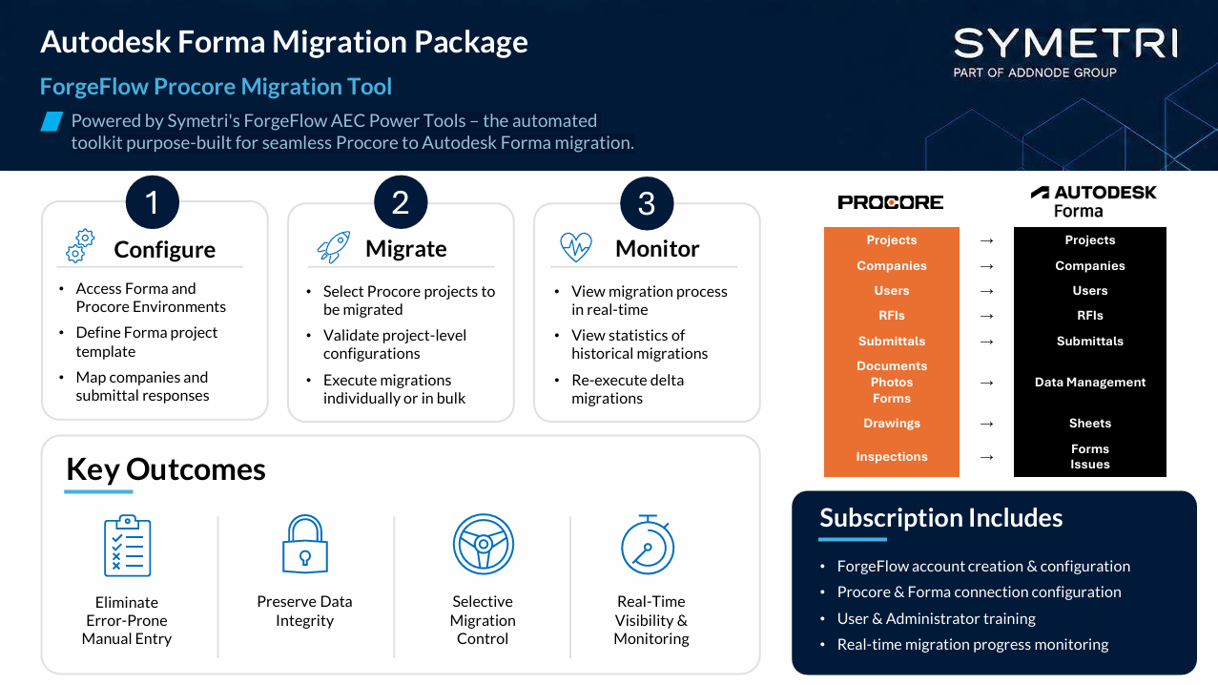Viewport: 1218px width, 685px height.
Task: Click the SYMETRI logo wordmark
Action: pyautogui.click(x=1065, y=44)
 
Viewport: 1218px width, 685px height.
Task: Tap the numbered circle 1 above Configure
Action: pyautogui.click(x=153, y=202)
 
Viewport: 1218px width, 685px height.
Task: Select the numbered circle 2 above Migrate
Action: pyautogui.click(x=401, y=202)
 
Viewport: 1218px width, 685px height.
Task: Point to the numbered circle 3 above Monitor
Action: pyautogui.click(x=647, y=203)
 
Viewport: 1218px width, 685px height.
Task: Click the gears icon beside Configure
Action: pyautogui.click(x=80, y=246)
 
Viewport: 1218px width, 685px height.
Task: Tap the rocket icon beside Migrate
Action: pyautogui.click(x=333, y=247)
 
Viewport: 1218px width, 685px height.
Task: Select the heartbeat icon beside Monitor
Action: pyautogui.click(x=576, y=247)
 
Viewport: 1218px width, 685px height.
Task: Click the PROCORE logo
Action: pyautogui.click(x=890, y=202)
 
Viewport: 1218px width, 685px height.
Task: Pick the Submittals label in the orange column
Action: pyautogui.click(x=892, y=342)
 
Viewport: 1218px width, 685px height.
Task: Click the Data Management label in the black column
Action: pyautogui.click(x=1089, y=382)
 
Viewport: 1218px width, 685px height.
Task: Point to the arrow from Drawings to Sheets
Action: pyautogui.click(x=986, y=424)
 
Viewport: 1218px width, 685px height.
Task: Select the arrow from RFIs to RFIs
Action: pyautogui.click(x=986, y=316)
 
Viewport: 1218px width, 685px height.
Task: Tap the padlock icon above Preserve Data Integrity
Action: pyautogui.click(x=305, y=544)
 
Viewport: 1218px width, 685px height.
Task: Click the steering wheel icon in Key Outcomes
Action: pyautogui.click(x=484, y=544)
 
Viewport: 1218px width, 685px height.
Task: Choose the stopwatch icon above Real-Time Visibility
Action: pyautogui.click(x=648, y=545)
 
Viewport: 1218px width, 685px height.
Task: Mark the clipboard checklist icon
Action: pyautogui.click(x=127, y=545)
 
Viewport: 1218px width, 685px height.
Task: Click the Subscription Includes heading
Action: pyautogui.click(x=940, y=517)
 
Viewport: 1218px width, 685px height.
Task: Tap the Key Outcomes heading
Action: pyautogui.click(x=166, y=469)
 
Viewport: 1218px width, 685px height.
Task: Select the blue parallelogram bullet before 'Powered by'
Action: pyautogui.click(x=52, y=121)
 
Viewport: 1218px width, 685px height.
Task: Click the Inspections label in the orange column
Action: pyautogui.click(x=892, y=456)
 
